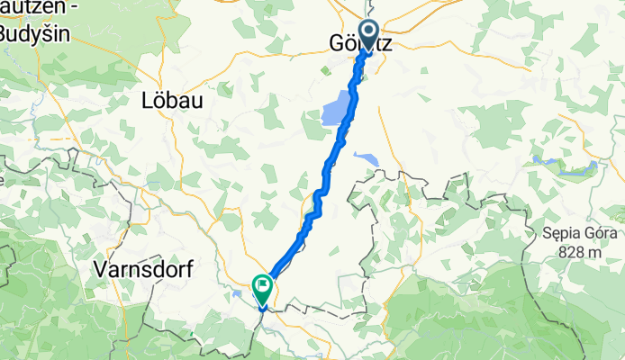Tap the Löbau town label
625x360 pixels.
coord(171,102)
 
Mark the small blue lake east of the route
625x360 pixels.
coord(367,159)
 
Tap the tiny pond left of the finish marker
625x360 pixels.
coord(237,292)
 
